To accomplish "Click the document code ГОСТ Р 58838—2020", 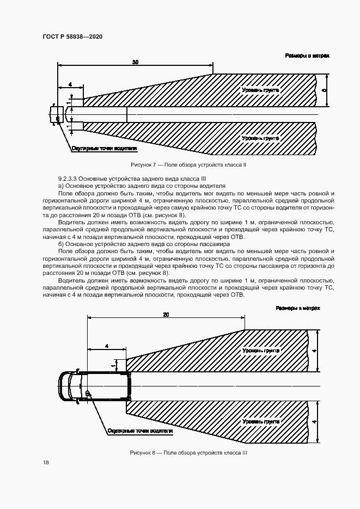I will (72, 36).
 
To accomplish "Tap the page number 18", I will (46, 462).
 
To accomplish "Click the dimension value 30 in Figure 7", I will (135, 63).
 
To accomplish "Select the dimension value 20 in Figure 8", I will (166, 315).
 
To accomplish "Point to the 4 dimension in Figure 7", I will (70, 84).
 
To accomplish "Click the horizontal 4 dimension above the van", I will (107, 346).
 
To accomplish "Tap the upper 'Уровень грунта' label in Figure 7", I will (261, 89).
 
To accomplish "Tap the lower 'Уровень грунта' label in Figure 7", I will (261, 138).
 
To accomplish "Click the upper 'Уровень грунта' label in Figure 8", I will (261, 351).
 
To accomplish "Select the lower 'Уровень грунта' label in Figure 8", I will (261, 421).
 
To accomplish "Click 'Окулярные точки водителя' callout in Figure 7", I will (103, 148).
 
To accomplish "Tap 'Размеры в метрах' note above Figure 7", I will (308, 56).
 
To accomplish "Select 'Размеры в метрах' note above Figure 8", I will (298, 308).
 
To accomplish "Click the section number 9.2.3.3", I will (69, 179).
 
